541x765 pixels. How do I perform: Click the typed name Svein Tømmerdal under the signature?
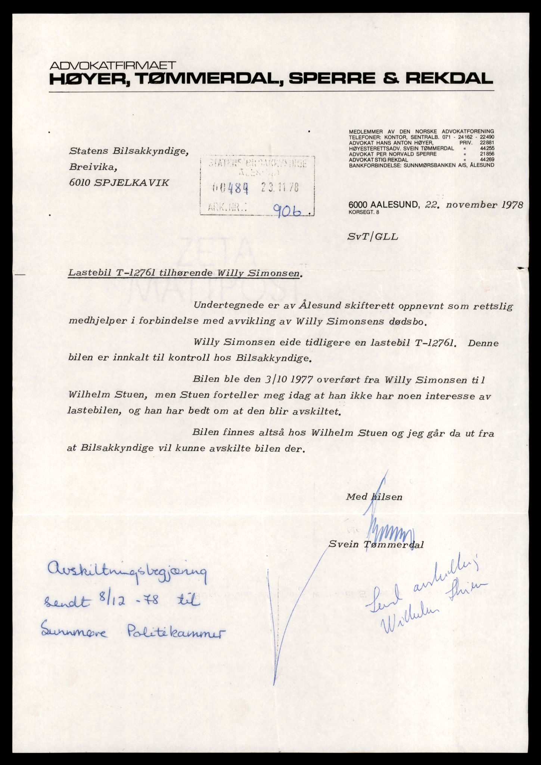pos(376,544)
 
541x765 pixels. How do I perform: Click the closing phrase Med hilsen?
pos(374,497)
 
